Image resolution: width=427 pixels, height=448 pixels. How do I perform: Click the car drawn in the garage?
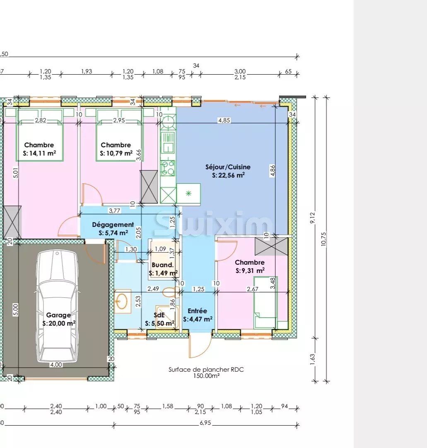coord(57,306)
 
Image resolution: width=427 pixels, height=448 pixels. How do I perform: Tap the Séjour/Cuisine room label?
coord(228,167)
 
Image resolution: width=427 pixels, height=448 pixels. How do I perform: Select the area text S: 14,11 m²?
coord(40,153)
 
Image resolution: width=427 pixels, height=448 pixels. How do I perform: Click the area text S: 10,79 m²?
coord(116,153)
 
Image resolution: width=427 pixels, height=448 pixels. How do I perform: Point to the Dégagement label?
coord(113,224)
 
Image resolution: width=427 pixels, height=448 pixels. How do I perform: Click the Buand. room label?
coord(163,265)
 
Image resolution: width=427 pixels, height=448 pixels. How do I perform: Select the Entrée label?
coord(197,311)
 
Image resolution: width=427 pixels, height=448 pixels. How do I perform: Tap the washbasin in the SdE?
coord(122,302)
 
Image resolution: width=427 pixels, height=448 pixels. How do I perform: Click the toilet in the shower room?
coord(169,292)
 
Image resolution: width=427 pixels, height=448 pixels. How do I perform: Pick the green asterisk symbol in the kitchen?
coord(188,194)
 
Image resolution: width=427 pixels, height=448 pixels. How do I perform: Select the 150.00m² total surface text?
coord(206,376)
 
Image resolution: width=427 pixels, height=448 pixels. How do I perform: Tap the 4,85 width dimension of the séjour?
coord(224,121)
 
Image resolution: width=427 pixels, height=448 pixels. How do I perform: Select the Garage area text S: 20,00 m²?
coord(59,323)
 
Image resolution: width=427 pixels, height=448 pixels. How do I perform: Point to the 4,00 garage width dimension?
coord(56,365)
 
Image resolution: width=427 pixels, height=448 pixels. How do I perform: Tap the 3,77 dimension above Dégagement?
coord(114,211)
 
